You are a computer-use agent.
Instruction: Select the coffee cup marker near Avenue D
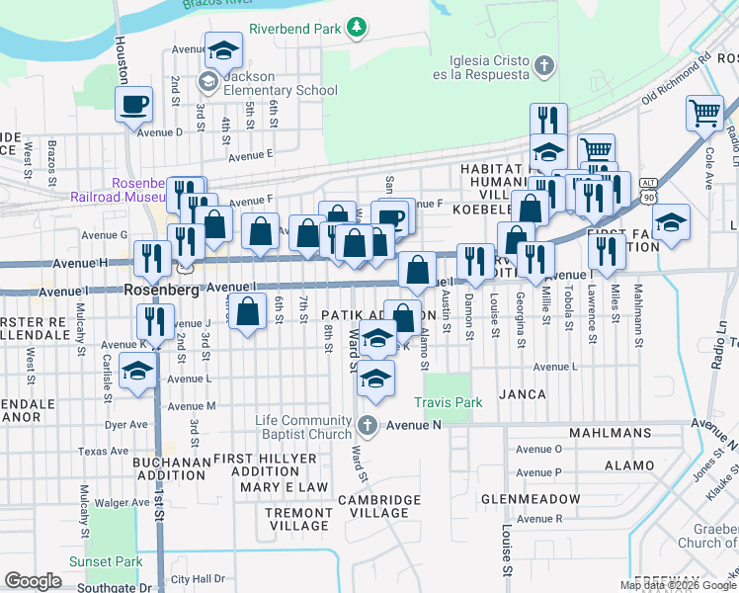click(134, 104)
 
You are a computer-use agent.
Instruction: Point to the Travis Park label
click(448, 402)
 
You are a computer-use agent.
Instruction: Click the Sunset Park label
click(107, 561)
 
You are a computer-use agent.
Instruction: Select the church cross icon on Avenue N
click(368, 426)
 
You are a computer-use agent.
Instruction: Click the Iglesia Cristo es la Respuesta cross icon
click(541, 66)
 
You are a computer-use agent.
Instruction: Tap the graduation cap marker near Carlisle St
click(137, 372)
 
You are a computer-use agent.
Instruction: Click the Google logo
click(33, 581)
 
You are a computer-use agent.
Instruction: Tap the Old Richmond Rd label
click(678, 82)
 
